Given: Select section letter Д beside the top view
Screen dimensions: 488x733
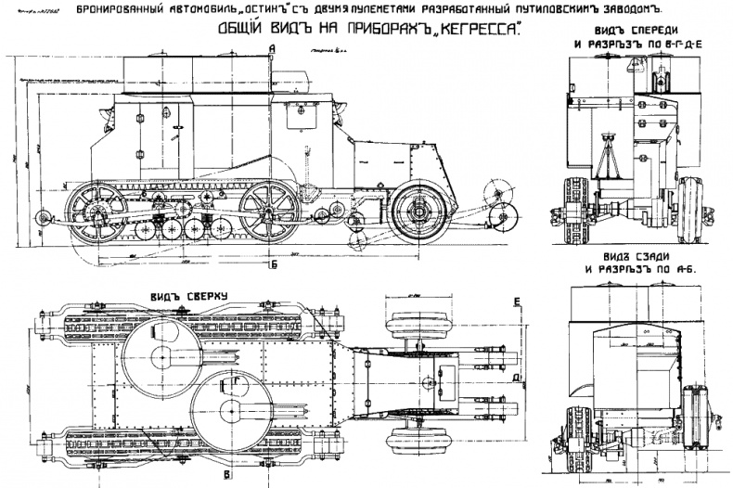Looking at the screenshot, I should pyautogui.click(x=516, y=379).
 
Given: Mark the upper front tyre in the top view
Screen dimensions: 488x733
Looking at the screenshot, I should pyautogui.click(x=419, y=321).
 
